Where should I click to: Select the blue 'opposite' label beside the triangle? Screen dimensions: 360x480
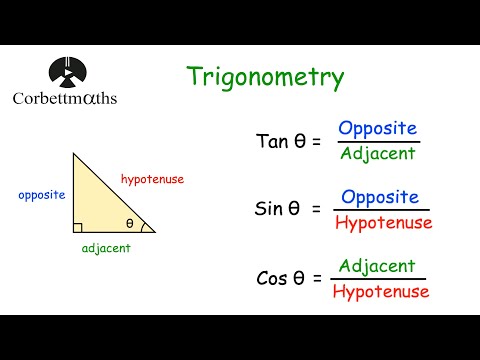pyautogui.click(x=42, y=195)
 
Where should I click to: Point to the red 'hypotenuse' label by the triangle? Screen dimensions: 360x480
pyautogui.click(x=152, y=180)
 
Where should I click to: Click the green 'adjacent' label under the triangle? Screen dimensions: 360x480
pyautogui.click(x=105, y=247)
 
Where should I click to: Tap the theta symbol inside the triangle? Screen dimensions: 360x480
pyautogui.click(x=130, y=223)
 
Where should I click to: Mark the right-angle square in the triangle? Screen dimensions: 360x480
pyautogui.click(x=77, y=228)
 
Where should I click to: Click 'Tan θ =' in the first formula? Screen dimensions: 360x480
pyautogui.click(x=288, y=141)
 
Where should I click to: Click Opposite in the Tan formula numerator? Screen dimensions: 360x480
pyautogui.click(x=378, y=128)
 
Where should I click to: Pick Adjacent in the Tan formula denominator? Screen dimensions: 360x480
pyautogui.click(x=376, y=154)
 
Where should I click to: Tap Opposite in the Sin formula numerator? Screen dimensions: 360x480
pyautogui.click(x=380, y=197)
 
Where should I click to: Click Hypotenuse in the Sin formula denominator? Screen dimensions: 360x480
pyautogui.click(x=383, y=223)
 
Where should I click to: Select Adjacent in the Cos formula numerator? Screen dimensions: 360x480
pyautogui.click(x=377, y=266)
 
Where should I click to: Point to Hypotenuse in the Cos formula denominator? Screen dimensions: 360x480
pyautogui.click(x=380, y=292)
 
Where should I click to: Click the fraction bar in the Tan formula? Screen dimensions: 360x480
pyautogui.click(x=377, y=141)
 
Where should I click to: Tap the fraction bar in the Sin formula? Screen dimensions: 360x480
pyautogui.click(x=382, y=210)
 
